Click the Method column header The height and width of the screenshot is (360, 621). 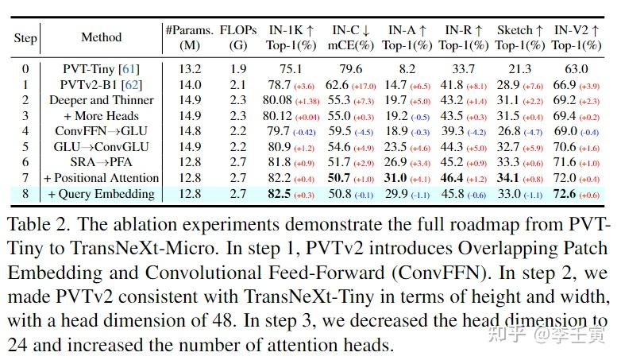(102, 37)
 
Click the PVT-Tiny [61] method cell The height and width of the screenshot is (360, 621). (102, 69)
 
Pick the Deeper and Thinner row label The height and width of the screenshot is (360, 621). (102, 100)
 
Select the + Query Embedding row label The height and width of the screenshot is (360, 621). (102, 194)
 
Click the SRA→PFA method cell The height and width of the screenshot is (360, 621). (102, 162)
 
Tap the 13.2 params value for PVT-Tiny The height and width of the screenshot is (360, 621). (189, 69)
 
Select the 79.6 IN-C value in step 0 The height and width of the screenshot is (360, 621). (350, 69)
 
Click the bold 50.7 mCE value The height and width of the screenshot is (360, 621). (342, 178)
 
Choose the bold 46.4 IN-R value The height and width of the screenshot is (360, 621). (453, 178)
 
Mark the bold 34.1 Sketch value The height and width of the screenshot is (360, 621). (508, 178)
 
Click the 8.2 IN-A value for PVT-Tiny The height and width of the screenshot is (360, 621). (406, 69)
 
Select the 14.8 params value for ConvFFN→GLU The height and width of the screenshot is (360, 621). (189, 131)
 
